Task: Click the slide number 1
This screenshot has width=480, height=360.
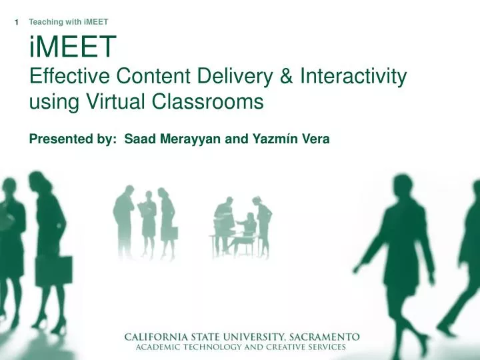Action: [x=17, y=23]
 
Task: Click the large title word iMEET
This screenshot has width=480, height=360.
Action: [x=73, y=48]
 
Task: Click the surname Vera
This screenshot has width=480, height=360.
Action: [x=315, y=139]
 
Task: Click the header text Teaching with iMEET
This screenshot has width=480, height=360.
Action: [x=69, y=23]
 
